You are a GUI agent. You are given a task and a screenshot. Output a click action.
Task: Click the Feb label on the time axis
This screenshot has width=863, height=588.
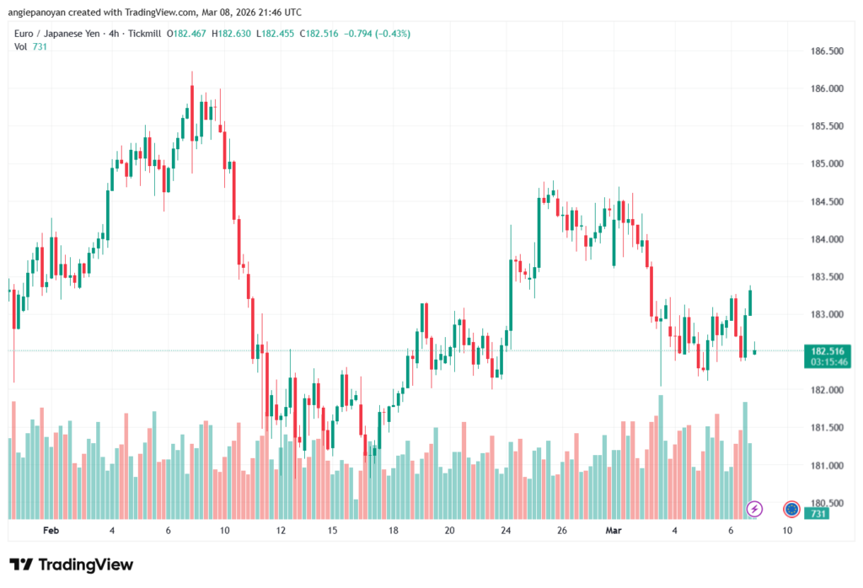pos(51,531)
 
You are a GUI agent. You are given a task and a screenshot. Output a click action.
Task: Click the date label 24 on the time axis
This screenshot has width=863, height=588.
pos(506,531)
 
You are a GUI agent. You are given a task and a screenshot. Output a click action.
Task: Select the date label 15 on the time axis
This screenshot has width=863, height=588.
pos(333,531)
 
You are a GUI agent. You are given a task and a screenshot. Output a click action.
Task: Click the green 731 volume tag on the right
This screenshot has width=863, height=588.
pos(816,514)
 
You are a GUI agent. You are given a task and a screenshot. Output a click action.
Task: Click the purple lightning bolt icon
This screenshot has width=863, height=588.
pos(755,509)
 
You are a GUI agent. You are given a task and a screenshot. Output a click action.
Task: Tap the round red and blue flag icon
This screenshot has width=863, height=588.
pos(791,509)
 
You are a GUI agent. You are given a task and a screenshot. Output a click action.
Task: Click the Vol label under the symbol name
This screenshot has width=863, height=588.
pos(21,46)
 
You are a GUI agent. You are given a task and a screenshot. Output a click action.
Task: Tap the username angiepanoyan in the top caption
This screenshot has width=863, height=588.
pos(45,12)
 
